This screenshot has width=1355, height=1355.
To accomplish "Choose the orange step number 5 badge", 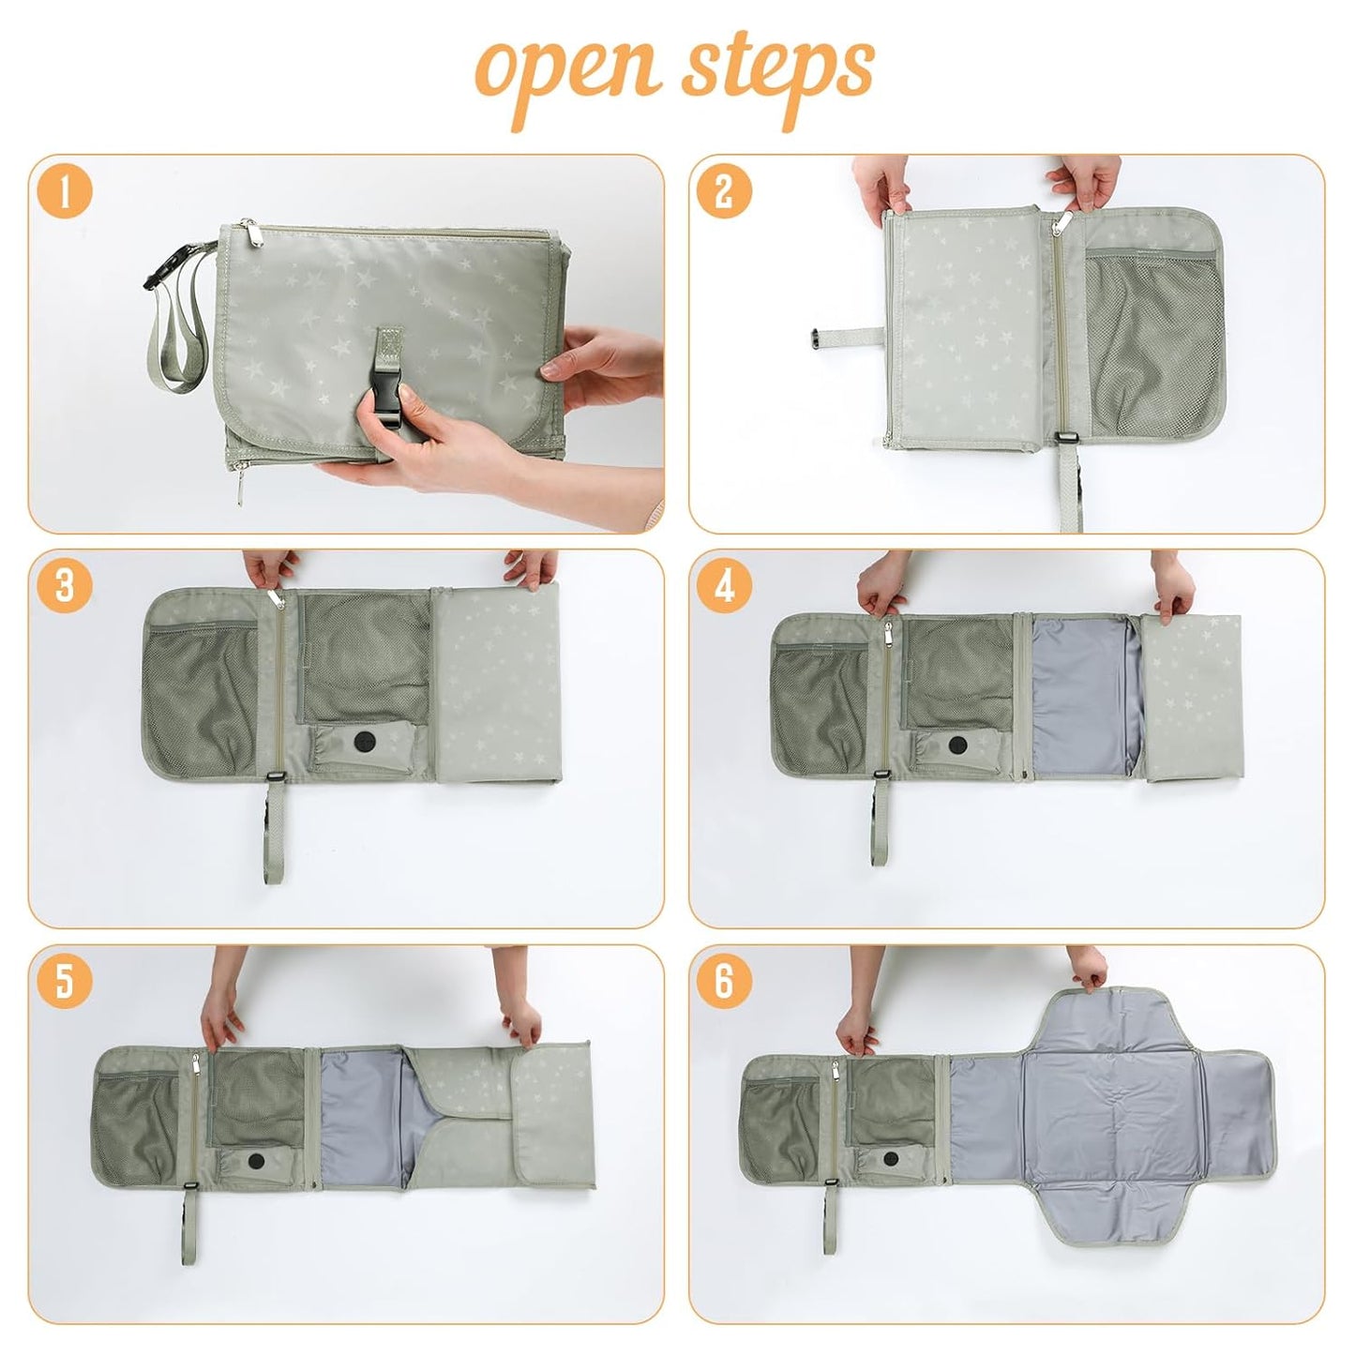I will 65,981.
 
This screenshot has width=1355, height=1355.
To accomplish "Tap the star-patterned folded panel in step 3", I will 497,685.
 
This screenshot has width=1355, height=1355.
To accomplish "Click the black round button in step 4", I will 957,746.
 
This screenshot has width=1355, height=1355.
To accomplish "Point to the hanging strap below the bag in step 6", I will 830,1219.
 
